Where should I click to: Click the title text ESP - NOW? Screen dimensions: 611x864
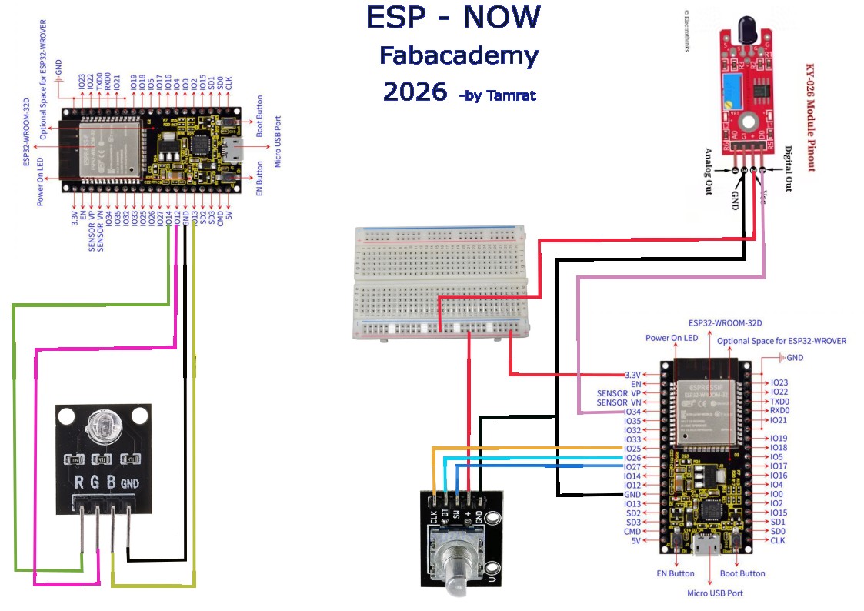[452, 18]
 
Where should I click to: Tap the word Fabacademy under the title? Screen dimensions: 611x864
[459, 56]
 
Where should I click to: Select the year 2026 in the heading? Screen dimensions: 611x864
[415, 92]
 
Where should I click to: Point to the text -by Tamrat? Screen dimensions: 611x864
[496, 96]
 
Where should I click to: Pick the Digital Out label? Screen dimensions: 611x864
[788, 169]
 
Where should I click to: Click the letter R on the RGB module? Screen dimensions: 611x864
[78, 483]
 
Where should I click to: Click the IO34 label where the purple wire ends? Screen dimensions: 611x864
[632, 412]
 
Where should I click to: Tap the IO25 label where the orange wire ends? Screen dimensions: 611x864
[632, 449]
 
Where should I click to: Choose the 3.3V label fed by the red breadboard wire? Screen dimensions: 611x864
[632, 375]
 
